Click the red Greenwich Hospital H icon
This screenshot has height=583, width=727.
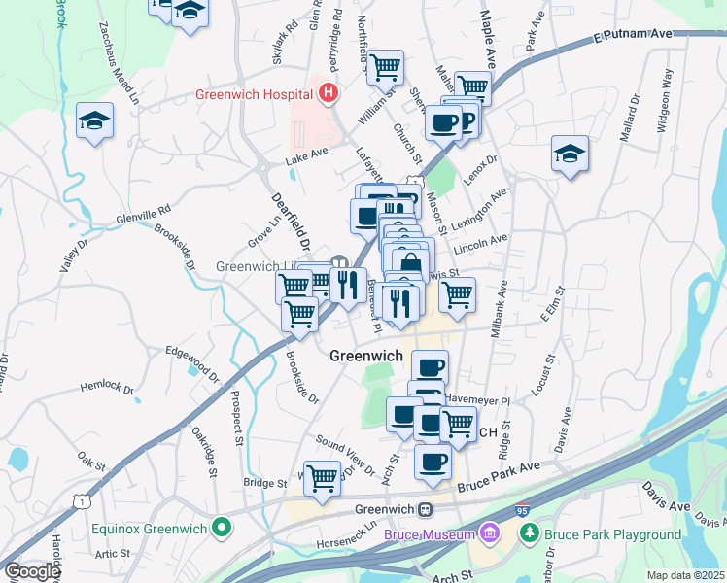click(329, 94)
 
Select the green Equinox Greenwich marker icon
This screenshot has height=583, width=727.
click(222, 529)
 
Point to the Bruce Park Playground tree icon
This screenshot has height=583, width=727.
click(529, 533)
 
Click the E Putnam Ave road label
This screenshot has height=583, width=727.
click(633, 35)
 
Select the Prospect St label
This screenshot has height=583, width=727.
click(236, 419)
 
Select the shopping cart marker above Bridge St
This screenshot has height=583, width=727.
click(322, 477)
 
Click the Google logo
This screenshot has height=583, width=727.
click(32, 570)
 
